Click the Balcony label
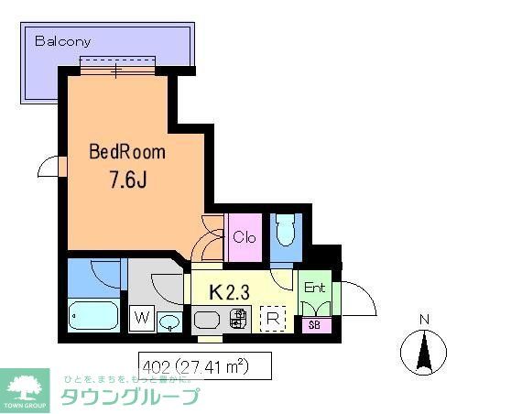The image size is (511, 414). [63, 41]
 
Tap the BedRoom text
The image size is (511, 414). [127, 152]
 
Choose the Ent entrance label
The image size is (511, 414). [315, 288]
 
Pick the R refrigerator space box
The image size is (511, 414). [272, 321]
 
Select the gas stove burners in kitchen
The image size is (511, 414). [238, 321]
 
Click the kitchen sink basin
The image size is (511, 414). [207, 321]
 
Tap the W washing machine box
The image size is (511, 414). [142, 318]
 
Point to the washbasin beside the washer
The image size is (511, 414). [169, 321]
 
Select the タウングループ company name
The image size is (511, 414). [129, 397]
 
